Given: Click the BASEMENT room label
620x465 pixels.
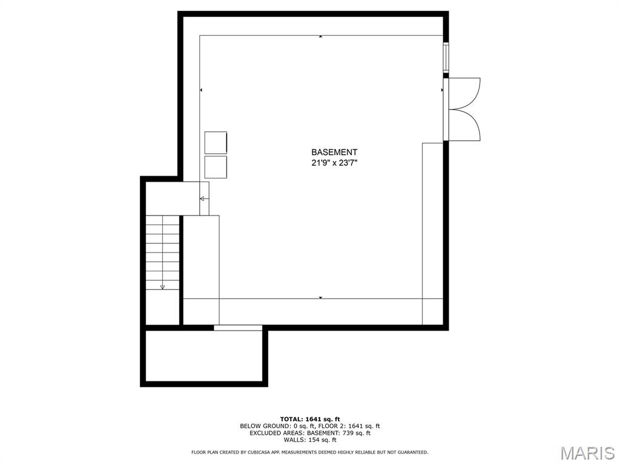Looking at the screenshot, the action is pyautogui.click(x=334, y=152).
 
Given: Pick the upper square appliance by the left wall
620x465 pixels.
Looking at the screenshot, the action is pyautogui.click(x=216, y=142).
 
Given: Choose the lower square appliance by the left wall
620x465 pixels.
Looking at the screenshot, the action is pyautogui.click(x=216, y=167).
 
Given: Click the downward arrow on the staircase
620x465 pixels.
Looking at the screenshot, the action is pyautogui.click(x=162, y=287).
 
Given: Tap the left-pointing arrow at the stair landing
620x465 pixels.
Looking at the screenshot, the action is pyautogui.click(x=202, y=199).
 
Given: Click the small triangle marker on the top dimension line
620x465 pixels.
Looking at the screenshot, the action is pyautogui.click(x=321, y=36).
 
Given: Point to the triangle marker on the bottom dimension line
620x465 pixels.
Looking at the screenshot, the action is pyautogui.click(x=321, y=297).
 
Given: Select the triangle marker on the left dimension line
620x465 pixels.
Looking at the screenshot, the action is pyautogui.click(x=201, y=90).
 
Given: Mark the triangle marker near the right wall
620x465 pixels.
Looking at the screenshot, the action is pyautogui.click(x=441, y=90).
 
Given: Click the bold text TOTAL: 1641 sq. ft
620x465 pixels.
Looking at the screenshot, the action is pyautogui.click(x=310, y=419).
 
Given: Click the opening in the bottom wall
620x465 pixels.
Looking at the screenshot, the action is pyautogui.click(x=238, y=328).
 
